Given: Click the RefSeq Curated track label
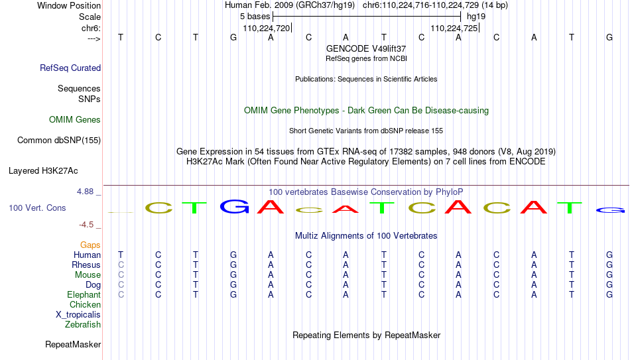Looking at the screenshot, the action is tap(70, 68).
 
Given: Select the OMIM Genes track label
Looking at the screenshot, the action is tap(75, 120).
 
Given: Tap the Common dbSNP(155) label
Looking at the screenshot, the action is tap(59, 141).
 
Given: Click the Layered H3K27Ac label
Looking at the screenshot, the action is tap(43, 171).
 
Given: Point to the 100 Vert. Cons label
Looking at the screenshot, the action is tap(37, 208).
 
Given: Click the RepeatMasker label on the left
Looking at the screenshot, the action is tap(73, 344).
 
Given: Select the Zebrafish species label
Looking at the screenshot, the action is tap(83, 324).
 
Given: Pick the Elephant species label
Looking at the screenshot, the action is tap(84, 294).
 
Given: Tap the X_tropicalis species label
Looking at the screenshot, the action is tap(78, 315).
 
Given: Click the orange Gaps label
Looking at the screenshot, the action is tap(90, 245).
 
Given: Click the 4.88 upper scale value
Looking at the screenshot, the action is tap(85, 191).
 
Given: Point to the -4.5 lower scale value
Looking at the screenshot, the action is tap(86, 225).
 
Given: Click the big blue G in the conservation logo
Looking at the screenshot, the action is tap(235, 206).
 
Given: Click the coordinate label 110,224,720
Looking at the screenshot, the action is tap(267, 28).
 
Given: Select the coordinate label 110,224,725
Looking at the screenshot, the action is tap(454, 28).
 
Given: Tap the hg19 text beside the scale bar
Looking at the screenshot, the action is tap(476, 17).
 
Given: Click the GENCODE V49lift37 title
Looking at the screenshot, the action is tap(366, 48).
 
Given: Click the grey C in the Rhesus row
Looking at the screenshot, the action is tap(121, 265).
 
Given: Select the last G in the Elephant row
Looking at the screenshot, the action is tap(609, 294).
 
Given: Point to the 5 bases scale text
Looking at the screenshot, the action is tap(255, 17).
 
